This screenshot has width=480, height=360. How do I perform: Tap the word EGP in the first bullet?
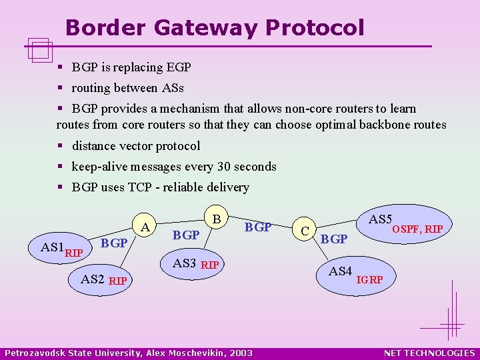178,67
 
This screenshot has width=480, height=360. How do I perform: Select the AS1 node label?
53,247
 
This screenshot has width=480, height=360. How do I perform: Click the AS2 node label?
93,279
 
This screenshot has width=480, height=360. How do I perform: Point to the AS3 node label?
185,263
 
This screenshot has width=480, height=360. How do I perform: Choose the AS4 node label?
340,271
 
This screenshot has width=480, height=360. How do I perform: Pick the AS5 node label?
380,219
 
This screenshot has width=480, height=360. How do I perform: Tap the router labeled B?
216,219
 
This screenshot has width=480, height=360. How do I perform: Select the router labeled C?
304,231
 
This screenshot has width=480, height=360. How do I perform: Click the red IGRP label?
370,279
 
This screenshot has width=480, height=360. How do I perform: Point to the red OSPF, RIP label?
417,229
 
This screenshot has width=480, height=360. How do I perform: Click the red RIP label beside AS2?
118,280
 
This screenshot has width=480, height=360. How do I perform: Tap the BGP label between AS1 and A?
114,243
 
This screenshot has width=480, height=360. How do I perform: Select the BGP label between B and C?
258,227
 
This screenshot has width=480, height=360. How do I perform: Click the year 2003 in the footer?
241,353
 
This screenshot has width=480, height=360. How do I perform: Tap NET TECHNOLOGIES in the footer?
429,353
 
